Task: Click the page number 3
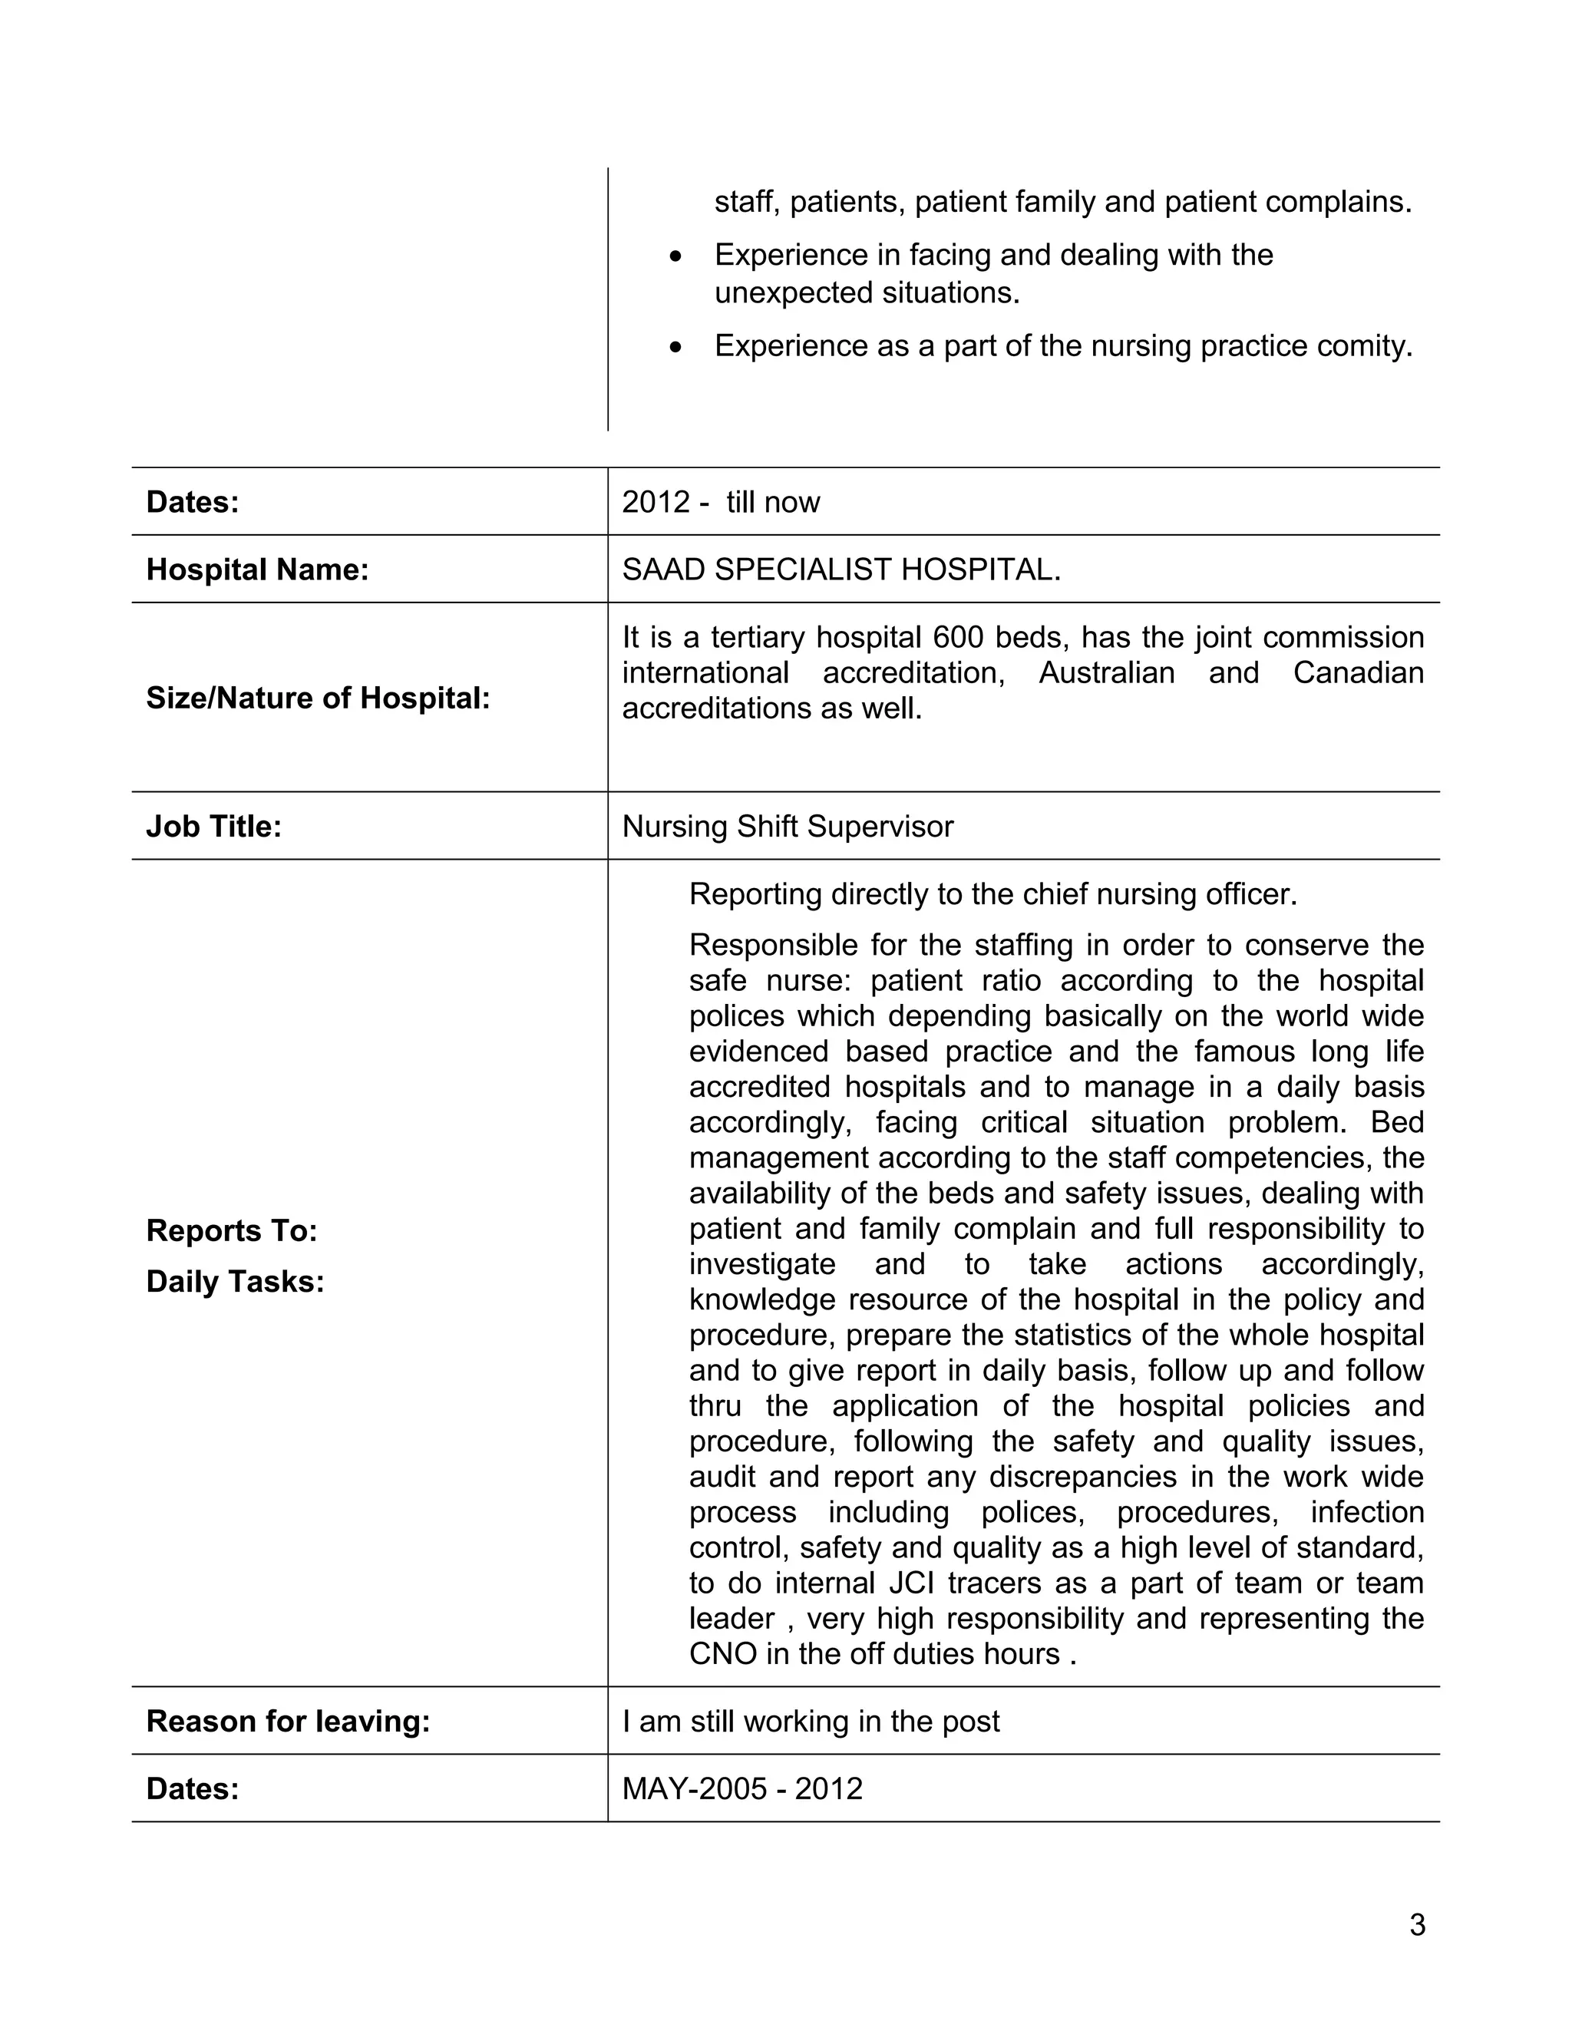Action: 1416,1924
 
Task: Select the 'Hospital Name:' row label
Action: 257,569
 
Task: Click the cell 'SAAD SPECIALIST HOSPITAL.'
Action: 841,569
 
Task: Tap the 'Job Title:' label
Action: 213,826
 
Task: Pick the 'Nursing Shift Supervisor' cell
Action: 787,826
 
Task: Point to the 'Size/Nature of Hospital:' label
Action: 318,698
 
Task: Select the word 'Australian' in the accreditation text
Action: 1106,672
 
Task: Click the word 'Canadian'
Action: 1358,672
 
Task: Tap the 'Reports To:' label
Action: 232,1230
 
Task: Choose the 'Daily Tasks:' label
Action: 235,1282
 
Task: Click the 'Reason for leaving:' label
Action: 288,1721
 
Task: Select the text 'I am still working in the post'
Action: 811,1721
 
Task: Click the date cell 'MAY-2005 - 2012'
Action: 741,1788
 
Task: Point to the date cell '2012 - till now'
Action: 720,502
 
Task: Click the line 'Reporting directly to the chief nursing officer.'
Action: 992,894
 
